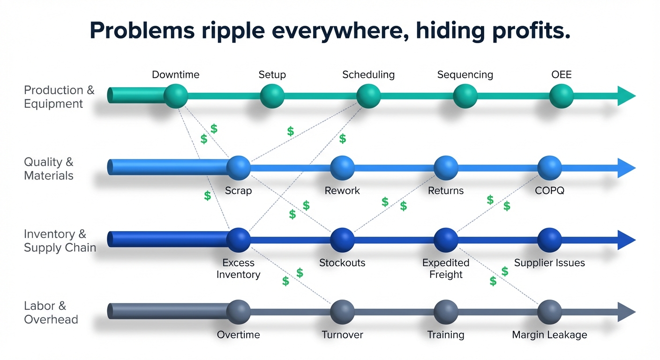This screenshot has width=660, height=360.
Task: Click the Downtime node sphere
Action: click(176, 96)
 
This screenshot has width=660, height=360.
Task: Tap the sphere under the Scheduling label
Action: click(368, 96)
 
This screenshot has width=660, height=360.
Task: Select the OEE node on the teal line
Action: click(561, 96)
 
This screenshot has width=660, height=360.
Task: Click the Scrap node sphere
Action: click(239, 168)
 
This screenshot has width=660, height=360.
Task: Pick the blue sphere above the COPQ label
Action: click(549, 168)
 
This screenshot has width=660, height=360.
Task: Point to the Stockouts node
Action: click(342, 240)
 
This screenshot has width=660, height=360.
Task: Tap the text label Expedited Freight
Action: click(446, 269)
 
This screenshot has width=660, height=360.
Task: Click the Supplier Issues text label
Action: click(549, 262)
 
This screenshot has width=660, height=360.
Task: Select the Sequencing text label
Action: click(465, 75)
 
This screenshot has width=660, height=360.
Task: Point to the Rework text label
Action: click(342, 191)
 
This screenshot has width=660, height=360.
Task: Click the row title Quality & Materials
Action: click(49, 169)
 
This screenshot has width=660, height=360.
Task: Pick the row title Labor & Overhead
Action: click(51, 313)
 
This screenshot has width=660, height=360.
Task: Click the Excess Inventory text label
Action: click(238, 269)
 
